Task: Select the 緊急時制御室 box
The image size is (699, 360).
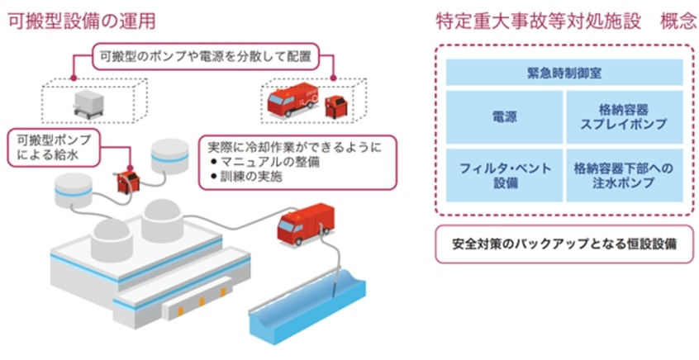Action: (x=563, y=72)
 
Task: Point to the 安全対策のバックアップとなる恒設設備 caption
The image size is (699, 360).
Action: (x=563, y=245)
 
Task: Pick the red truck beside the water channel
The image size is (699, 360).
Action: (x=302, y=224)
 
